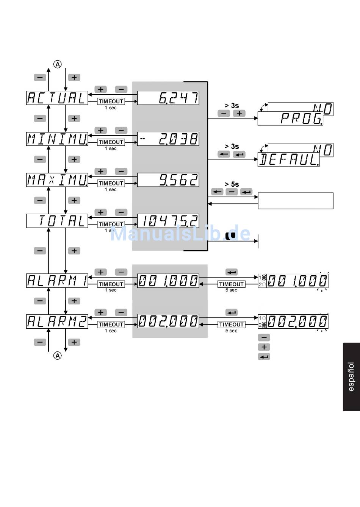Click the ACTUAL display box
point(57,98)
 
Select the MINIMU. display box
point(57,139)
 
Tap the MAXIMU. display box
point(57,180)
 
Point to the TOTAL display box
point(57,221)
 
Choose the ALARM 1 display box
point(57,281)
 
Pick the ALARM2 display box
point(57,321)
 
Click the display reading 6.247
point(168,98)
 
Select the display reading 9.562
point(168,180)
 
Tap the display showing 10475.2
point(168,221)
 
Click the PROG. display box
point(290,119)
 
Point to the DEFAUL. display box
point(288,160)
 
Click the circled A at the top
point(57,64)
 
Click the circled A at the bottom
point(57,356)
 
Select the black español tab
point(351,377)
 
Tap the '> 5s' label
point(232,184)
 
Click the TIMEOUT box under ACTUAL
point(111,101)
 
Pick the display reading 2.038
point(168,139)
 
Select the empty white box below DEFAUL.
point(296,201)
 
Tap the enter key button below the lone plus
point(264,357)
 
